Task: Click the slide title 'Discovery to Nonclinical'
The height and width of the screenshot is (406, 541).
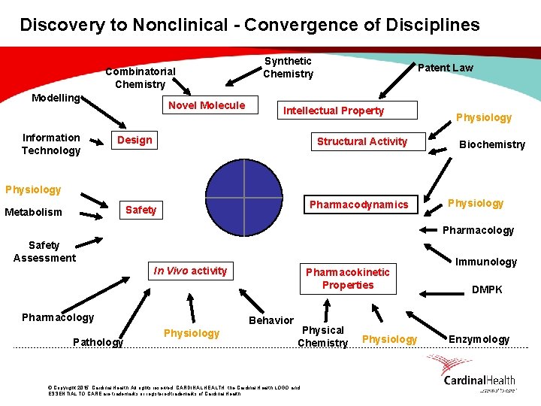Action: (249, 25)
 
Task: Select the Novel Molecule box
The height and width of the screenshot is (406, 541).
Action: (207, 105)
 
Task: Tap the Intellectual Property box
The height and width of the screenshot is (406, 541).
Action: (334, 111)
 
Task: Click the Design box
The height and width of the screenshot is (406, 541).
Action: (134, 140)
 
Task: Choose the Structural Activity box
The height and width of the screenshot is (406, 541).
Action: (361, 141)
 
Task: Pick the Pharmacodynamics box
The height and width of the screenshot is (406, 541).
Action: (359, 205)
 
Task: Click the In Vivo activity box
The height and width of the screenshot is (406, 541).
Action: (190, 271)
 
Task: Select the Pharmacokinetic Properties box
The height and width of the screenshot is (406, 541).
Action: (347, 278)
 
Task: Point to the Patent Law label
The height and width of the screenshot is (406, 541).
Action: (445, 68)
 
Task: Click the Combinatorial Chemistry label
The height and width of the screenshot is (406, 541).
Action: (141, 77)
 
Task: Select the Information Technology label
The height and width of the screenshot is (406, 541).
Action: (51, 144)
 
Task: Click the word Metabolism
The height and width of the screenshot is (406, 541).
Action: (34, 212)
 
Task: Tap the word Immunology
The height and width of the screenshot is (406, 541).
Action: (486, 262)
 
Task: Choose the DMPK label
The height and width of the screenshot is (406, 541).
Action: (486, 289)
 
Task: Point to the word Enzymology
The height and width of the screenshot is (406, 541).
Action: (479, 339)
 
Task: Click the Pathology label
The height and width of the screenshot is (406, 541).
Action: (98, 342)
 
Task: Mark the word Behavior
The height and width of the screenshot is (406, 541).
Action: (271, 320)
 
